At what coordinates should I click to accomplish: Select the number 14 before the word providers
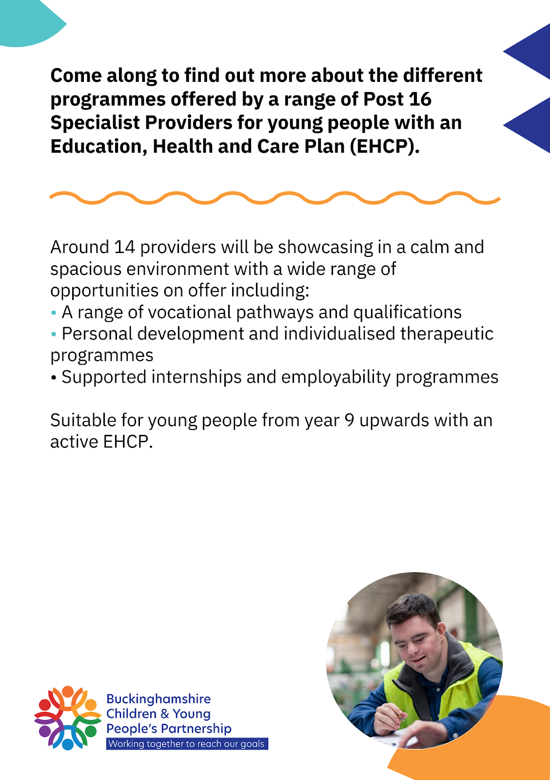pos(124,247)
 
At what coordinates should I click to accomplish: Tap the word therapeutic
pos(447,334)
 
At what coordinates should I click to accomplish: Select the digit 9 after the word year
pos(350,421)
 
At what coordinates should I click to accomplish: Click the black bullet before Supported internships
pos(53,378)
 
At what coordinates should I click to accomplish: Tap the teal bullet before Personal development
pos(53,334)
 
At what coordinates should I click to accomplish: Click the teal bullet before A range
pos(53,313)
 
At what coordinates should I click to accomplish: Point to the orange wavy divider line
pos(275,198)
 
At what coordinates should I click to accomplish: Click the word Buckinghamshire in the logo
pos(158,699)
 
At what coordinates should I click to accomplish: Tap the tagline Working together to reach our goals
pos(187,743)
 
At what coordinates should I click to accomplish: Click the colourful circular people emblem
pos(67,718)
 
